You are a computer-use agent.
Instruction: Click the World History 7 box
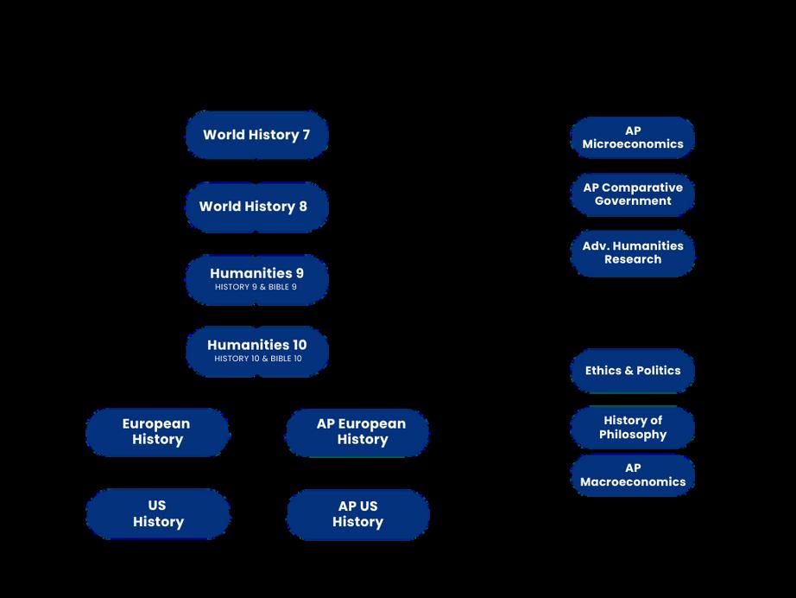(256, 135)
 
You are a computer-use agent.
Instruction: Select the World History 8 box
(256, 207)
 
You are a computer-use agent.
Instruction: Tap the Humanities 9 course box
(256, 279)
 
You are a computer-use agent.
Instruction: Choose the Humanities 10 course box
(256, 351)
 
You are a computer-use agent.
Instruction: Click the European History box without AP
(157, 432)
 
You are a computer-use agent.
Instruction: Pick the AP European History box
(357, 432)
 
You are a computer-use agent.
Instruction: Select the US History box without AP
(158, 514)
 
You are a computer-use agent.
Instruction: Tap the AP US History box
(357, 514)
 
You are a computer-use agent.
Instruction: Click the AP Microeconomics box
(633, 138)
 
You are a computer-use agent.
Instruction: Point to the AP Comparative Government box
(633, 194)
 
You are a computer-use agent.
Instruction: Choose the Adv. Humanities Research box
(633, 253)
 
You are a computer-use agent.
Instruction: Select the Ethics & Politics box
(633, 371)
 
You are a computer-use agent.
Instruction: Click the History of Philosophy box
(633, 428)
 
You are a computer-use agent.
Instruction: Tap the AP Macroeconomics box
(633, 475)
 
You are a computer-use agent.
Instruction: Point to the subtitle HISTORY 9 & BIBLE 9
(256, 287)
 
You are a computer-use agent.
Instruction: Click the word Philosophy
(633, 435)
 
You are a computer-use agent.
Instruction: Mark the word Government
(633, 201)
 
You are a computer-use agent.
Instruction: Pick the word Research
(633, 259)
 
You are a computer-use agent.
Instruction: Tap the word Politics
(656, 371)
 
